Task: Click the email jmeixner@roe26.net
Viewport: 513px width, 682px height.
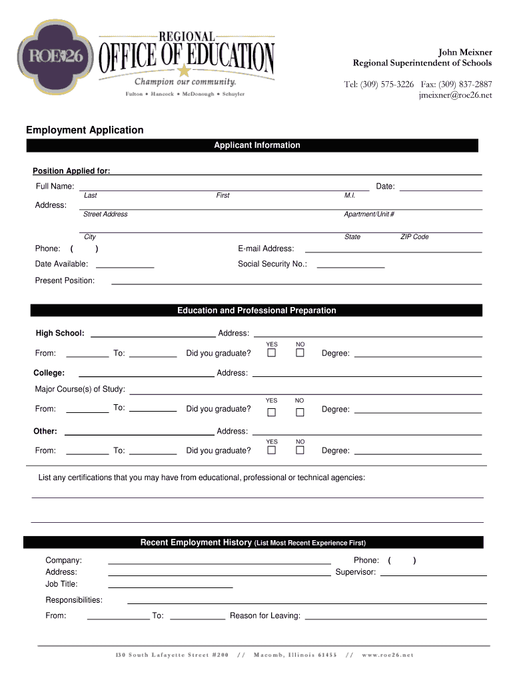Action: [x=455, y=95]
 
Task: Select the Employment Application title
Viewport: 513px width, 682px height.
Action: [x=85, y=130]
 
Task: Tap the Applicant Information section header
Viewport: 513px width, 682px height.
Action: [x=256, y=145]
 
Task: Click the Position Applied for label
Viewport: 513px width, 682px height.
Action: [x=71, y=171]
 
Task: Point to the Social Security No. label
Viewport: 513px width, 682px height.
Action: [x=272, y=264]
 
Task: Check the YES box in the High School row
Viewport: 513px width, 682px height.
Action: [x=272, y=353]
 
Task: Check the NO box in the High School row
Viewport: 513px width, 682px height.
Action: [x=300, y=353]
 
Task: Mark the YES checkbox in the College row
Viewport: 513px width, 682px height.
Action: [x=272, y=412]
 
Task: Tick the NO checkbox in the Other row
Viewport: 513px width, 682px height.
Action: [x=300, y=450]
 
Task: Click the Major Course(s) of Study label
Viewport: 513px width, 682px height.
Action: [x=80, y=389]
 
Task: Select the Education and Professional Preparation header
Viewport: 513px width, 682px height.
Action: [x=256, y=310]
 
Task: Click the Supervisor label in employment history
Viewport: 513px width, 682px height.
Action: [x=356, y=571]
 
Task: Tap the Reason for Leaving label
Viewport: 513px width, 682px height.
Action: [x=265, y=615]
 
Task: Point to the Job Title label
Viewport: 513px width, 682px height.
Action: [x=61, y=583]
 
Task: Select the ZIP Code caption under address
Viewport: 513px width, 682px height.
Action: [x=414, y=236]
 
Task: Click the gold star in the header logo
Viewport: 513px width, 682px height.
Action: [x=184, y=71]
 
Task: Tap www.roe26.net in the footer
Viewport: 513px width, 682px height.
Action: [x=388, y=655]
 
